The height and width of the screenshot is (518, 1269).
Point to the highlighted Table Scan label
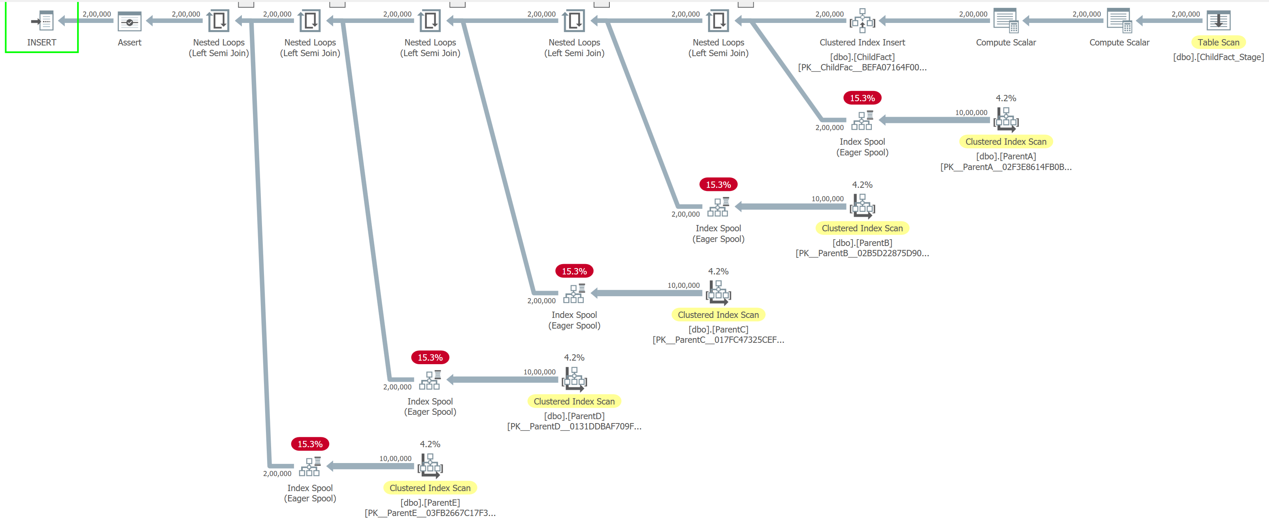click(1218, 42)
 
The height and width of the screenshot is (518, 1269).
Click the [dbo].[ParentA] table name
click(1006, 156)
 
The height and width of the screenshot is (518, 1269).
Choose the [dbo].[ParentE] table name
click(430, 502)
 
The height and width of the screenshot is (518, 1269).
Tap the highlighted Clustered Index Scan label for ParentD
click(574, 401)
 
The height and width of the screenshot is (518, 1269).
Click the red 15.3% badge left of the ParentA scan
click(862, 98)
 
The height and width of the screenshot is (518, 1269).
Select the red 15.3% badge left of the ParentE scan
click(310, 444)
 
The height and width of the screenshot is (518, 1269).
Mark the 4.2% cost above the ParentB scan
click(862, 185)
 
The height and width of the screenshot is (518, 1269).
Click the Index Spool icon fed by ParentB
click(718, 207)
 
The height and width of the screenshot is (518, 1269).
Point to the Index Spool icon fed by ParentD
click(430, 380)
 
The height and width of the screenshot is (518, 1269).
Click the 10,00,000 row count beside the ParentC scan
click(683, 285)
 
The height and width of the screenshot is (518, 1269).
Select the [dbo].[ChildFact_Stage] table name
click(1218, 57)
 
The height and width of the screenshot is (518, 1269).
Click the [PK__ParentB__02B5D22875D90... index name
click(862, 253)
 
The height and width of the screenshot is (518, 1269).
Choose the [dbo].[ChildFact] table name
click(862, 57)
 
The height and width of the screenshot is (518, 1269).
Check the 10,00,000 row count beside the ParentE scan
click(395, 458)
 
